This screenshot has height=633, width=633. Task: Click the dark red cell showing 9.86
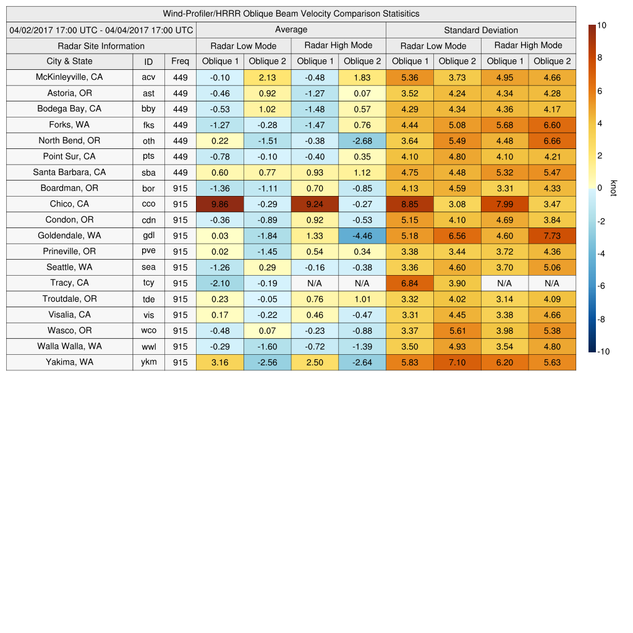[219, 204]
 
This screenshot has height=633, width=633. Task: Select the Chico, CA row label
[69, 204]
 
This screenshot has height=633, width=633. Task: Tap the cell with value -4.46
[362, 236]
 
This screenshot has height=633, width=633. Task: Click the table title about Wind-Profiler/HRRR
[291, 14]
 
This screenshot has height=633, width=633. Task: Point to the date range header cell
[101, 30]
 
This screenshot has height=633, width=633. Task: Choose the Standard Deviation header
[481, 30]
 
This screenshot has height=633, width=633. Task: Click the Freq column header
[181, 61]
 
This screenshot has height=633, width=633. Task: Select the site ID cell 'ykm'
[148, 362]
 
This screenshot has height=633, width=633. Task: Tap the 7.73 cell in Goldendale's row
[552, 236]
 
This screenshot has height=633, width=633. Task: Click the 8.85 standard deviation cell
[409, 204]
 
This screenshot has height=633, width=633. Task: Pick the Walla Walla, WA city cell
[69, 346]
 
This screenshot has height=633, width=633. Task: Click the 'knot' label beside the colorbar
[614, 188]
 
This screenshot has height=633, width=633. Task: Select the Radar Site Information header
[101, 46]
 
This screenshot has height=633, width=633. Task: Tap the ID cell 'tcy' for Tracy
[148, 283]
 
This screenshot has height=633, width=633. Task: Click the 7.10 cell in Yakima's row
[457, 362]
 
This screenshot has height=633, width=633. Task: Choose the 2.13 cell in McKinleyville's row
[267, 77]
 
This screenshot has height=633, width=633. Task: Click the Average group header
[291, 30]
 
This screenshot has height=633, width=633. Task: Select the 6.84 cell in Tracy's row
[409, 283]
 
